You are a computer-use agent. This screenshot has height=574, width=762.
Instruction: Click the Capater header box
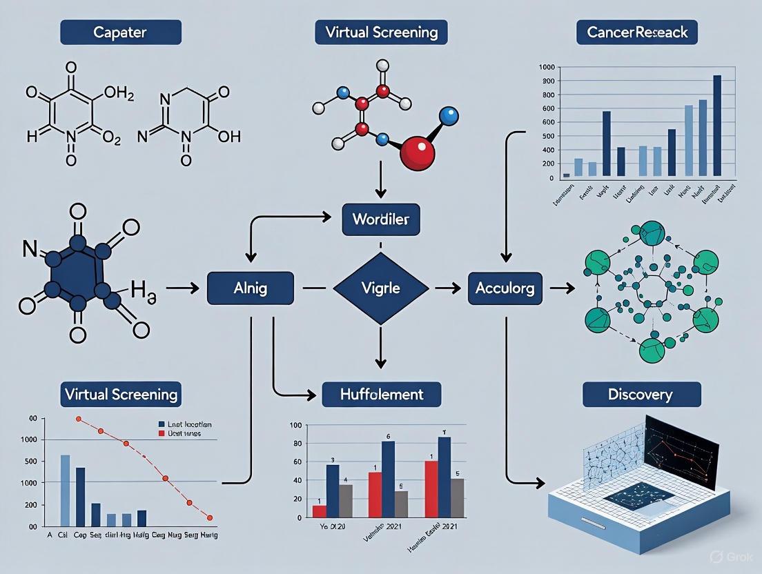pos(121,32)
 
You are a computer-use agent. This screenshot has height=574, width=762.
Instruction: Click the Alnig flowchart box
pos(251,288)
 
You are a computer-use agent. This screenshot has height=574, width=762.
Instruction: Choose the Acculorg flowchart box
pos(505,288)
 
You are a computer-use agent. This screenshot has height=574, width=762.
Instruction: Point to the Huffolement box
pos(382,395)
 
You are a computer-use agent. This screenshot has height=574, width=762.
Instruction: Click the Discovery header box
pos(641,395)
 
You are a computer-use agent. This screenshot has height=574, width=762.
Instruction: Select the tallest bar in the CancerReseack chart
pos(717,126)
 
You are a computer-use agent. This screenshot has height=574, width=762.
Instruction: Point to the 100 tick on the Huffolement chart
pos(297,425)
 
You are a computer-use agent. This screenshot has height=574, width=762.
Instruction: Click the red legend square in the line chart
pos(162,434)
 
